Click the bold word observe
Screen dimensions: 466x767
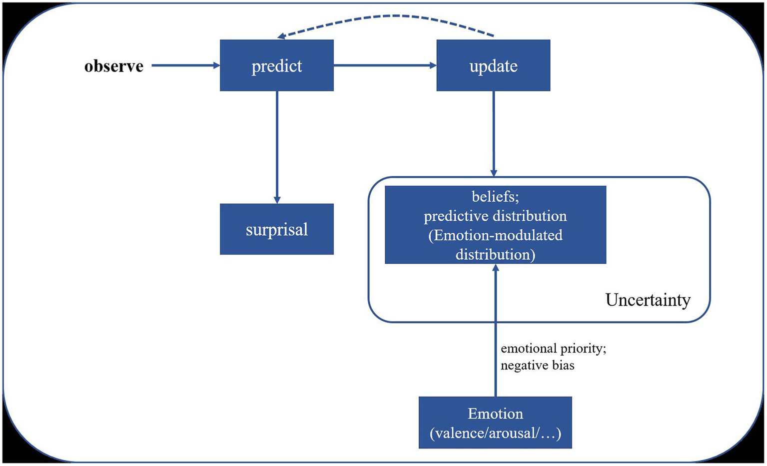114,66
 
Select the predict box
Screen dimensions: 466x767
276,65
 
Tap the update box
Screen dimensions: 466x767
493,65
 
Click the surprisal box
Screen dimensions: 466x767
276,229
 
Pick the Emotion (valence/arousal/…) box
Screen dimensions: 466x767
495,423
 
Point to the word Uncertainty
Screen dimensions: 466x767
648,300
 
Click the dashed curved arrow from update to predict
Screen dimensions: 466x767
395,16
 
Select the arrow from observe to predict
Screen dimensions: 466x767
185,65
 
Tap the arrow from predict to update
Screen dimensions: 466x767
385,65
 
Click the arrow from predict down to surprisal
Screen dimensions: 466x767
277,145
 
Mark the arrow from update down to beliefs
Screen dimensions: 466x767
494,132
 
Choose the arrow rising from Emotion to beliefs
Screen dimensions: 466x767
496,330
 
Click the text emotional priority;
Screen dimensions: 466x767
553,348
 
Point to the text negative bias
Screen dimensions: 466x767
538,365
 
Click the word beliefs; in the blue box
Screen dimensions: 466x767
495,196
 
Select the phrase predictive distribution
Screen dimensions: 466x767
495,216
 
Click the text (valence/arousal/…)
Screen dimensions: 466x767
495,433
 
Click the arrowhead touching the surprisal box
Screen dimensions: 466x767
277,200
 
